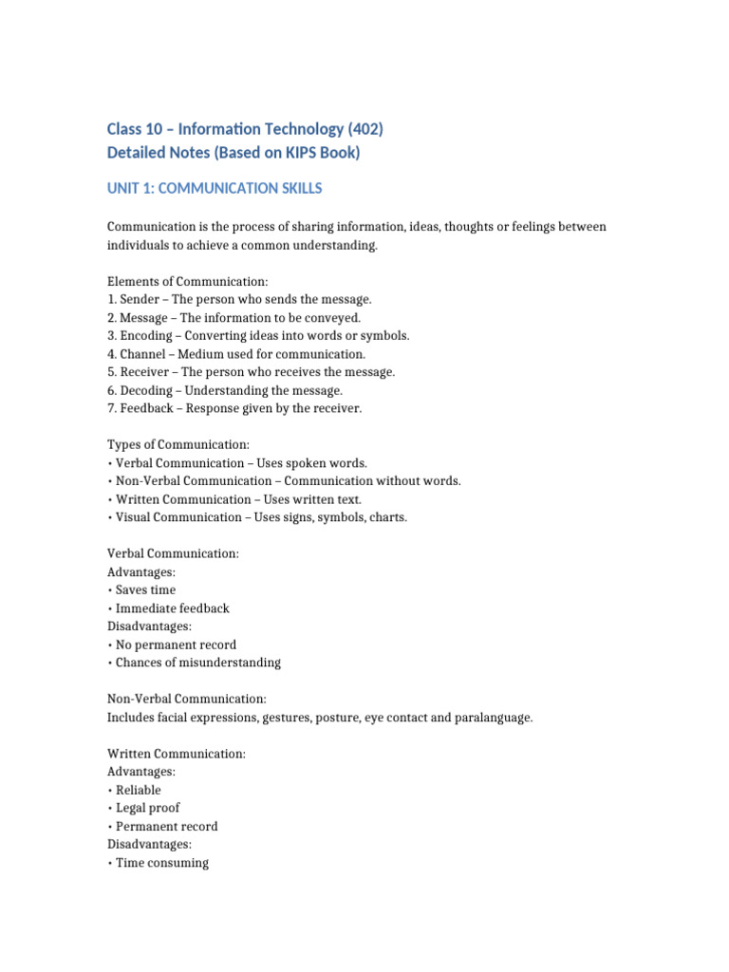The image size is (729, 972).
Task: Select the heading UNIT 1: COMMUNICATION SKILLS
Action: coord(215,189)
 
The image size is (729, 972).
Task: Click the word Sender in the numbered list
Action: coord(140,300)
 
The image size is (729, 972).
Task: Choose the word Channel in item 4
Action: coord(144,354)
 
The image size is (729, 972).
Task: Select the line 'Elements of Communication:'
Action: coord(188,282)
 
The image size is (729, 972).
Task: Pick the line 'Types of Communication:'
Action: coord(178,444)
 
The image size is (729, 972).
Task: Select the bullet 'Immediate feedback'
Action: coord(172,607)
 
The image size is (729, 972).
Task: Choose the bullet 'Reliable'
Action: coord(138,790)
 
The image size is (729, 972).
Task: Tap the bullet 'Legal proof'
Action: coord(147,808)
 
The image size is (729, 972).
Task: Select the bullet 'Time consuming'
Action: coord(161,863)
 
